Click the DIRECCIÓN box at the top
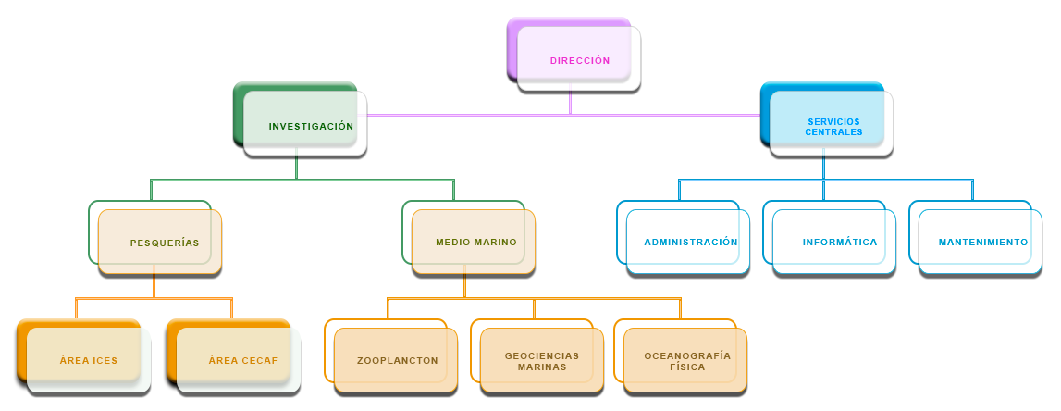pyautogui.click(x=579, y=59)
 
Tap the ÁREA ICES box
pyautogui.click(x=89, y=360)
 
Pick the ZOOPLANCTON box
pyautogui.click(x=397, y=360)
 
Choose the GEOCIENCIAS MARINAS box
pyautogui.click(x=542, y=361)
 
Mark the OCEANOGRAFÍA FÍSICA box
pyautogui.click(x=685, y=361)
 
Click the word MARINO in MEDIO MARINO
pyautogui.click(x=496, y=243)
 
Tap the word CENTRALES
pyautogui.click(x=833, y=132)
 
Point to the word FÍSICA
pyautogui.click(x=687, y=367)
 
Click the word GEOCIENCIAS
pyautogui.click(x=542, y=355)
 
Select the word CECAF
pyautogui.click(x=259, y=361)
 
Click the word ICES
pyautogui.click(x=104, y=361)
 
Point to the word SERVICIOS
pyautogui.click(x=833, y=121)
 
